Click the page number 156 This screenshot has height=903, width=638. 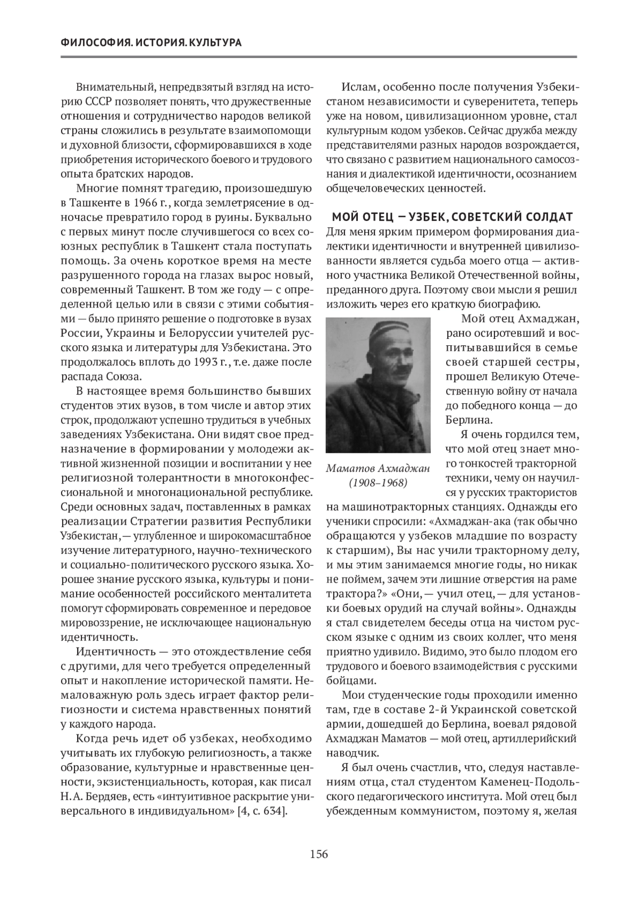tap(319, 855)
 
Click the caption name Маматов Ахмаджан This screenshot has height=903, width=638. tap(378, 468)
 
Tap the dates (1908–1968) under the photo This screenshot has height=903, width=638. tap(378, 483)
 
